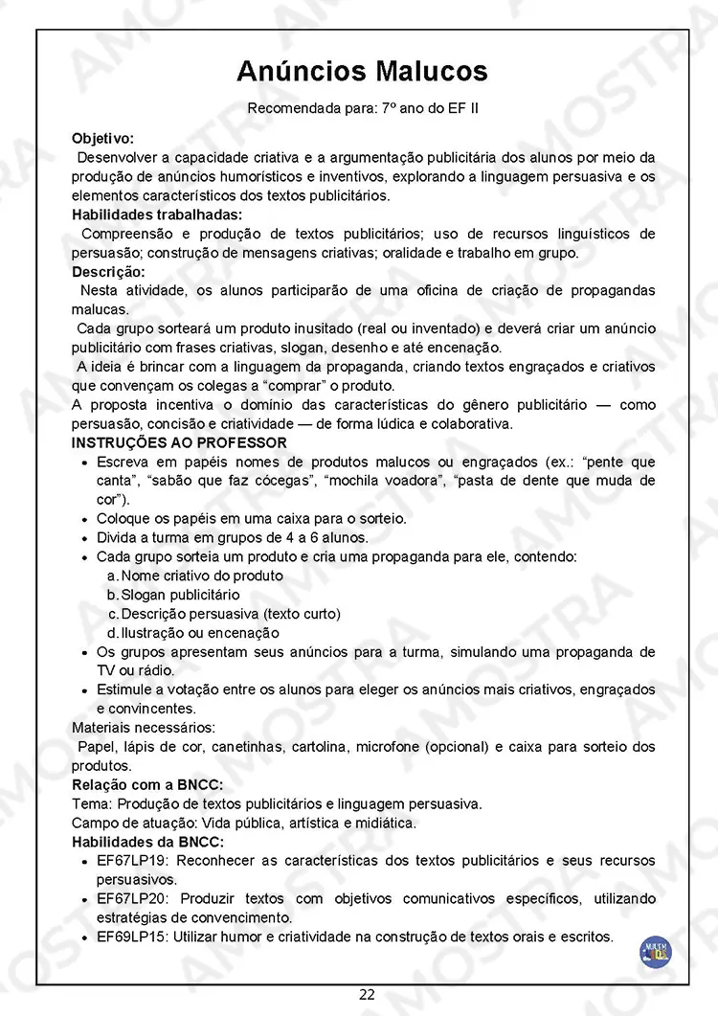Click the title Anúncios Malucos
pos(362,71)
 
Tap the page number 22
pos(367,994)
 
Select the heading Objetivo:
pos(102,138)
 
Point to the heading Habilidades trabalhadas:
pos(157,214)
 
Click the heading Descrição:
pos(106,272)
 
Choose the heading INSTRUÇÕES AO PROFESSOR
pos(179,442)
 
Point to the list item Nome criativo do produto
pos(202,576)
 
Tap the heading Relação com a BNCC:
pos(147,784)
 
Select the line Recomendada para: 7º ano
pos(363,108)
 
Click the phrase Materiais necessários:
pos(144,728)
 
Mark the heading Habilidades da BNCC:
pos(147,842)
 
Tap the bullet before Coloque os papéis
pos(87,519)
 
